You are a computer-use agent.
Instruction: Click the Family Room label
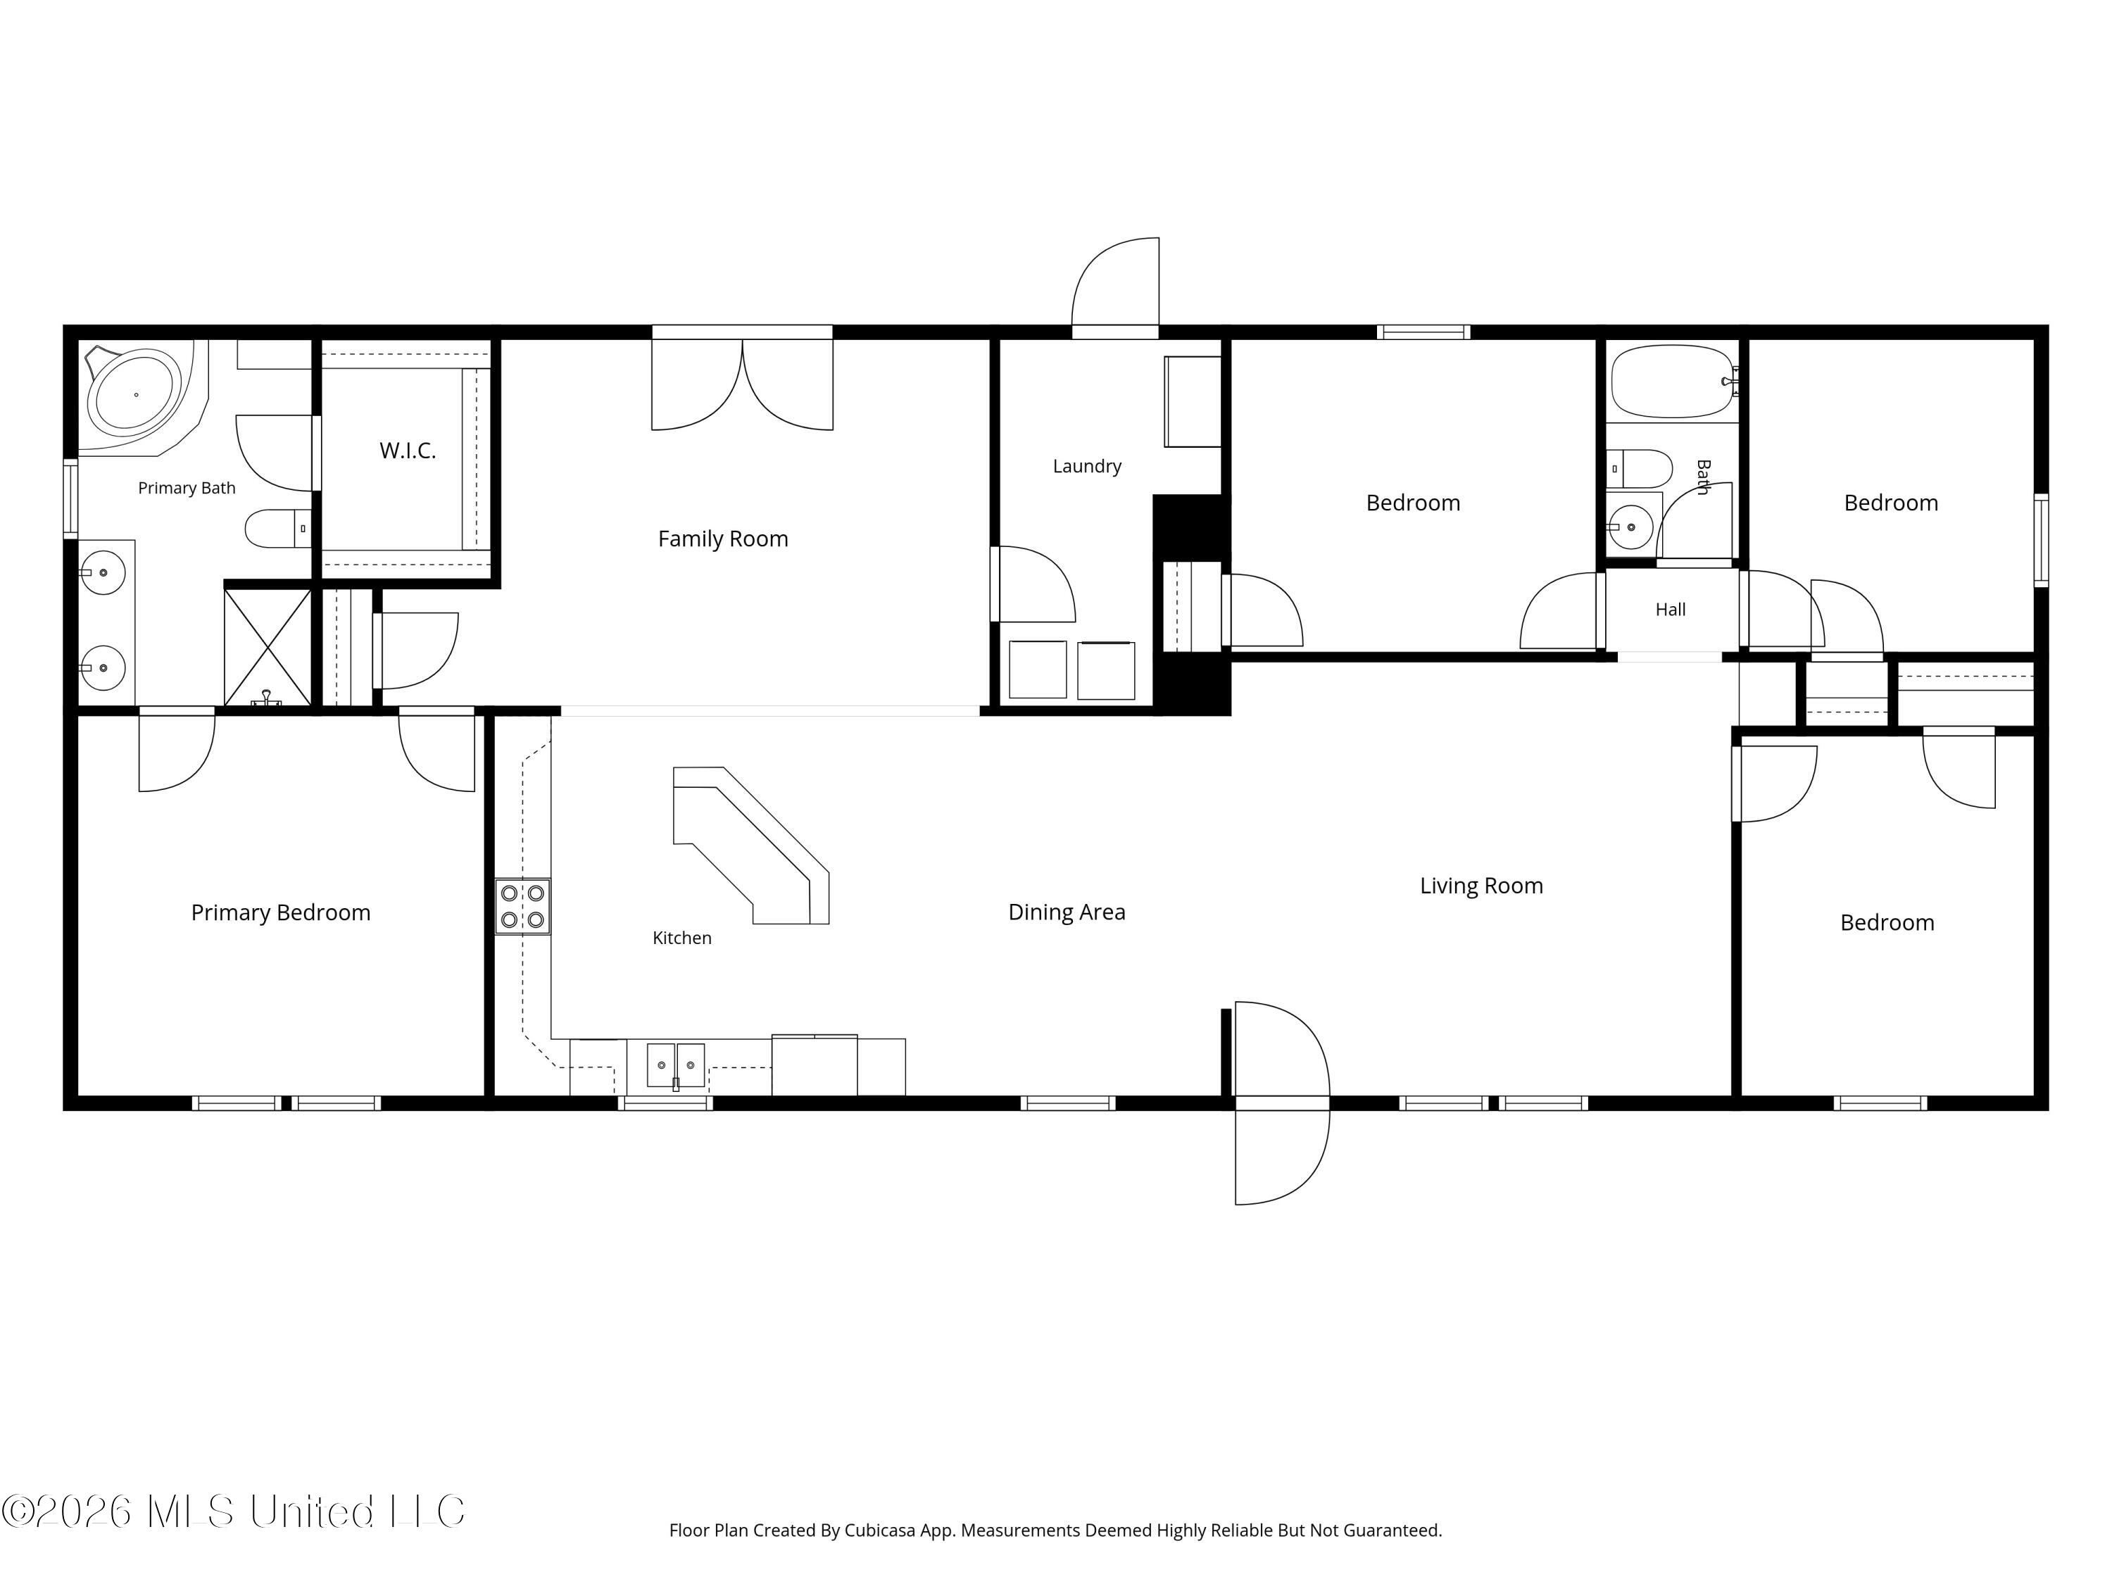723,539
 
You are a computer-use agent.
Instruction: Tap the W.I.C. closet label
408,451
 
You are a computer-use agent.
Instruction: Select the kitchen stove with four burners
522,906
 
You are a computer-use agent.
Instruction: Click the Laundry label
1086,466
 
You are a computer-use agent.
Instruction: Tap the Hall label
1670,609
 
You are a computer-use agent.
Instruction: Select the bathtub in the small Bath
1672,382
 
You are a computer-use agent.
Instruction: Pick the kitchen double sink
676,1066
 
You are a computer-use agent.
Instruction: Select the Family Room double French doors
742,382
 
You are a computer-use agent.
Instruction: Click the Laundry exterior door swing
1115,287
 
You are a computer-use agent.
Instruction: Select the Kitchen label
681,938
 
